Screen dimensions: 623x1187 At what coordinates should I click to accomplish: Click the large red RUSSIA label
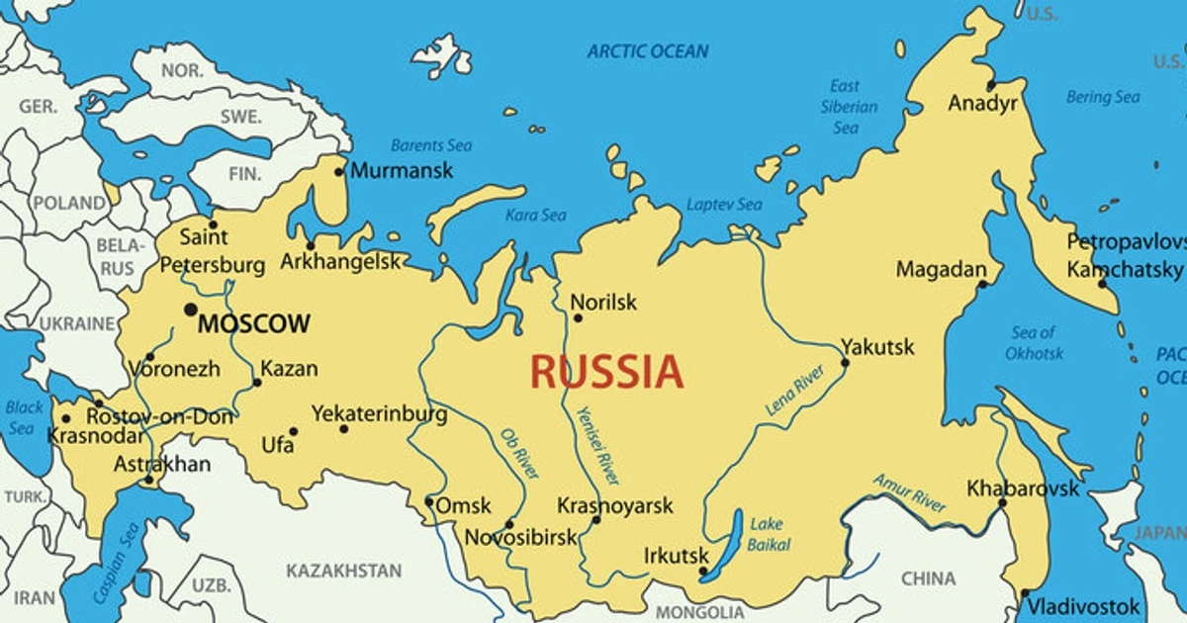click(606, 373)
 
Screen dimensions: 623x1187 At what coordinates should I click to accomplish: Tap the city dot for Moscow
click(190, 310)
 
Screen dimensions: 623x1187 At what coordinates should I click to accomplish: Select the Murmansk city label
click(402, 170)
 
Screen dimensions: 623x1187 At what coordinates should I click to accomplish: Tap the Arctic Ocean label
click(648, 51)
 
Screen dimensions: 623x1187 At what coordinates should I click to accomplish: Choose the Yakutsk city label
click(877, 347)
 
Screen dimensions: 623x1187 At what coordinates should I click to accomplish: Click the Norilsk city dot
click(578, 317)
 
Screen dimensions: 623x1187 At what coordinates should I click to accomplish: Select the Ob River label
click(520, 454)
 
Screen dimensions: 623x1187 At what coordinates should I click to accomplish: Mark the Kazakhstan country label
click(344, 571)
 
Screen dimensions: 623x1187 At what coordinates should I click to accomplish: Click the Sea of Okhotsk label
click(1034, 343)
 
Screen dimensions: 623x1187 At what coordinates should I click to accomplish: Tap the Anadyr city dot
click(990, 85)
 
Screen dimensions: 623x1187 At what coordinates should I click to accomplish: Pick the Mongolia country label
click(699, 612)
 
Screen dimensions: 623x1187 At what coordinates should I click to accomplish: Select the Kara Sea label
click(536, 215)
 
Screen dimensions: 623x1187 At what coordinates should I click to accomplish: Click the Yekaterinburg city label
click(379, 413)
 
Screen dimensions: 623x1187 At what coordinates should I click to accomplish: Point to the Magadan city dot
click(982, 285)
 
